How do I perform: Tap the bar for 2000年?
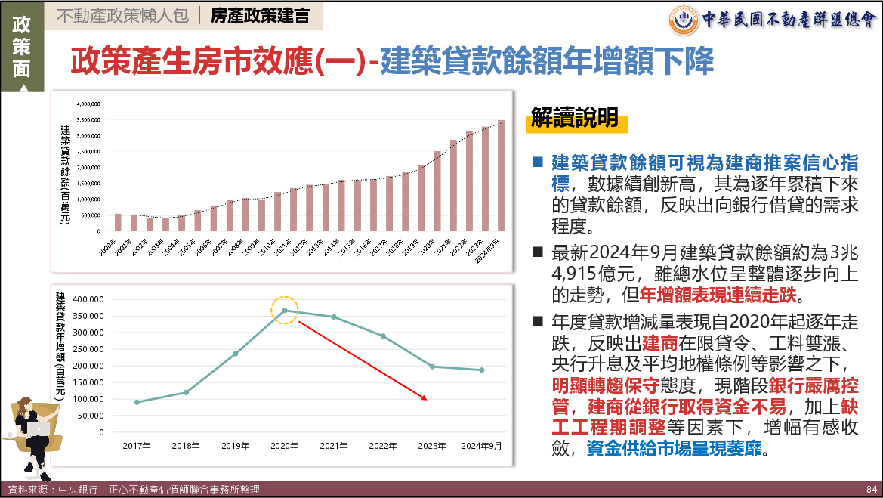[118, 222]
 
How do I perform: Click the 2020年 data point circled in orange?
[285, 310]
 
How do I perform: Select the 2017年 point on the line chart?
[137, 402]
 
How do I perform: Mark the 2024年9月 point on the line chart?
[481, 370]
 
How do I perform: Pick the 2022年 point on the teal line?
[383, 336]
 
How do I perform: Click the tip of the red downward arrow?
[427, 399]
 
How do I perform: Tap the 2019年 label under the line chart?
[235, 446]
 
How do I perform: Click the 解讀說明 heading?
[575, 117]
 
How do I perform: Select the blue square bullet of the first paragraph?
[538, 162]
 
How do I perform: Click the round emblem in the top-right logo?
[684, 20]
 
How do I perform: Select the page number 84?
[870, 490]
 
